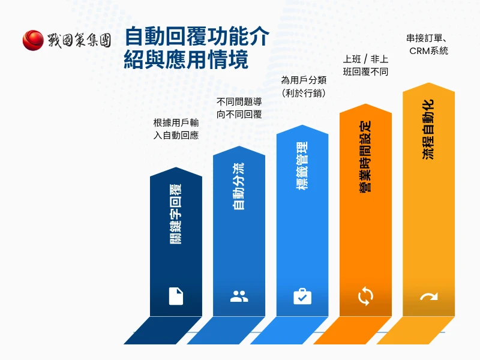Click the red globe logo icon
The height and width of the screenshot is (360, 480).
(x=33, y=40)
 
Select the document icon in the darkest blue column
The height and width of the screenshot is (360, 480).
(x=176, y=296)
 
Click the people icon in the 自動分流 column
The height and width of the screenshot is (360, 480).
(x=239, y=296)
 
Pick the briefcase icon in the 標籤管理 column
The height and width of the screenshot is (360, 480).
(x=302, y=296)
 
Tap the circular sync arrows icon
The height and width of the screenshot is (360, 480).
(x=365, y=295)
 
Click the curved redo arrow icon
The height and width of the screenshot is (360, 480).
(x=428, y=296)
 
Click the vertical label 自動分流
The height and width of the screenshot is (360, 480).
(x=239, y=186)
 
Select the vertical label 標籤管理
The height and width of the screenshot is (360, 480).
(x=302, y=165)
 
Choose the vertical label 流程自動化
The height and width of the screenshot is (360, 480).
(x=428, y=129)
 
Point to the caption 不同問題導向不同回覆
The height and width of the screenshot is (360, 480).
(x=239, y=107)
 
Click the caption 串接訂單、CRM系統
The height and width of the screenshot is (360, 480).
(x=428, y=45)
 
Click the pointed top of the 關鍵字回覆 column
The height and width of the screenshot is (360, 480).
(x=176, y=169)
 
